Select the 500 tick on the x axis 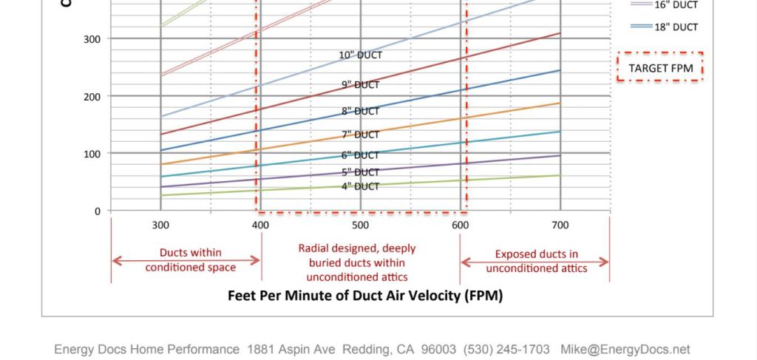pos(360,225)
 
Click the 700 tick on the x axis pos(560,225)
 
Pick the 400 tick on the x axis pos(260,225)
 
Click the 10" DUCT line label pos(361,55)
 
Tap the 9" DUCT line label pos(361,85)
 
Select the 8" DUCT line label pos(361,112)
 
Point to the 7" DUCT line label pos(361,135)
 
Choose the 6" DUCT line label pos(361,155)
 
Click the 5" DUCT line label pos(361,172)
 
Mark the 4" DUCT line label pos(361,186)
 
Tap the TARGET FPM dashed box pos(659,68)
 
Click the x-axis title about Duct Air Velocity pos(365,296)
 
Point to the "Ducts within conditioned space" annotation pos(191,260)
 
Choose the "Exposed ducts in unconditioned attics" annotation pos(536,261)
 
